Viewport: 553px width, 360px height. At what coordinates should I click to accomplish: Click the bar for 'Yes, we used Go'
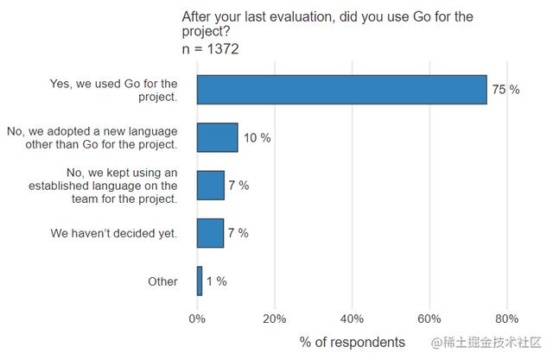[341, 90]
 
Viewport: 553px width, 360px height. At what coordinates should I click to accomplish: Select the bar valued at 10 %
[217, 137]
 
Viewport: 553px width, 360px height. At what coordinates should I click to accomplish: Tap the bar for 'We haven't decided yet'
[210, 233]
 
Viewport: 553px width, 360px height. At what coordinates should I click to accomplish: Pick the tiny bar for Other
[200, 281]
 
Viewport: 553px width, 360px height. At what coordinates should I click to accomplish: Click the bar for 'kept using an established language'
[210, 185]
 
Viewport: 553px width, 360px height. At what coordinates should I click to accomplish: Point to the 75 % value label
[505, 90]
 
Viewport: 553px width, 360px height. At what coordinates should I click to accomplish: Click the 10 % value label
[257, 138]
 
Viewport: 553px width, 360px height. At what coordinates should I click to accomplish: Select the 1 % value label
[216, 281]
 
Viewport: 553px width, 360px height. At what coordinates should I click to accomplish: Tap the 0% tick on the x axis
[197, 317]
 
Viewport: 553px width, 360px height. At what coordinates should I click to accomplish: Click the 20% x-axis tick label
[274, 317]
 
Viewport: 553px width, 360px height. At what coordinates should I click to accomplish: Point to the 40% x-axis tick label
[352, 317]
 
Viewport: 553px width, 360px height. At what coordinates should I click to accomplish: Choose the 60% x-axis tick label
[429, 317]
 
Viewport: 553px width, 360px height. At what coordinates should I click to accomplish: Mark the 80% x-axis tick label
[506, 317]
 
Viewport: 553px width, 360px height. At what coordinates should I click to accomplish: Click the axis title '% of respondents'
[352, 342]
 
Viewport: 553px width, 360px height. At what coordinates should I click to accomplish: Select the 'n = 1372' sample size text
[210, 49]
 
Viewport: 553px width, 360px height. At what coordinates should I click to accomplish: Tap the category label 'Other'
[162, 281]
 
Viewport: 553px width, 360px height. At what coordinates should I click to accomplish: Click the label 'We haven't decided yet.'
[114, 233]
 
